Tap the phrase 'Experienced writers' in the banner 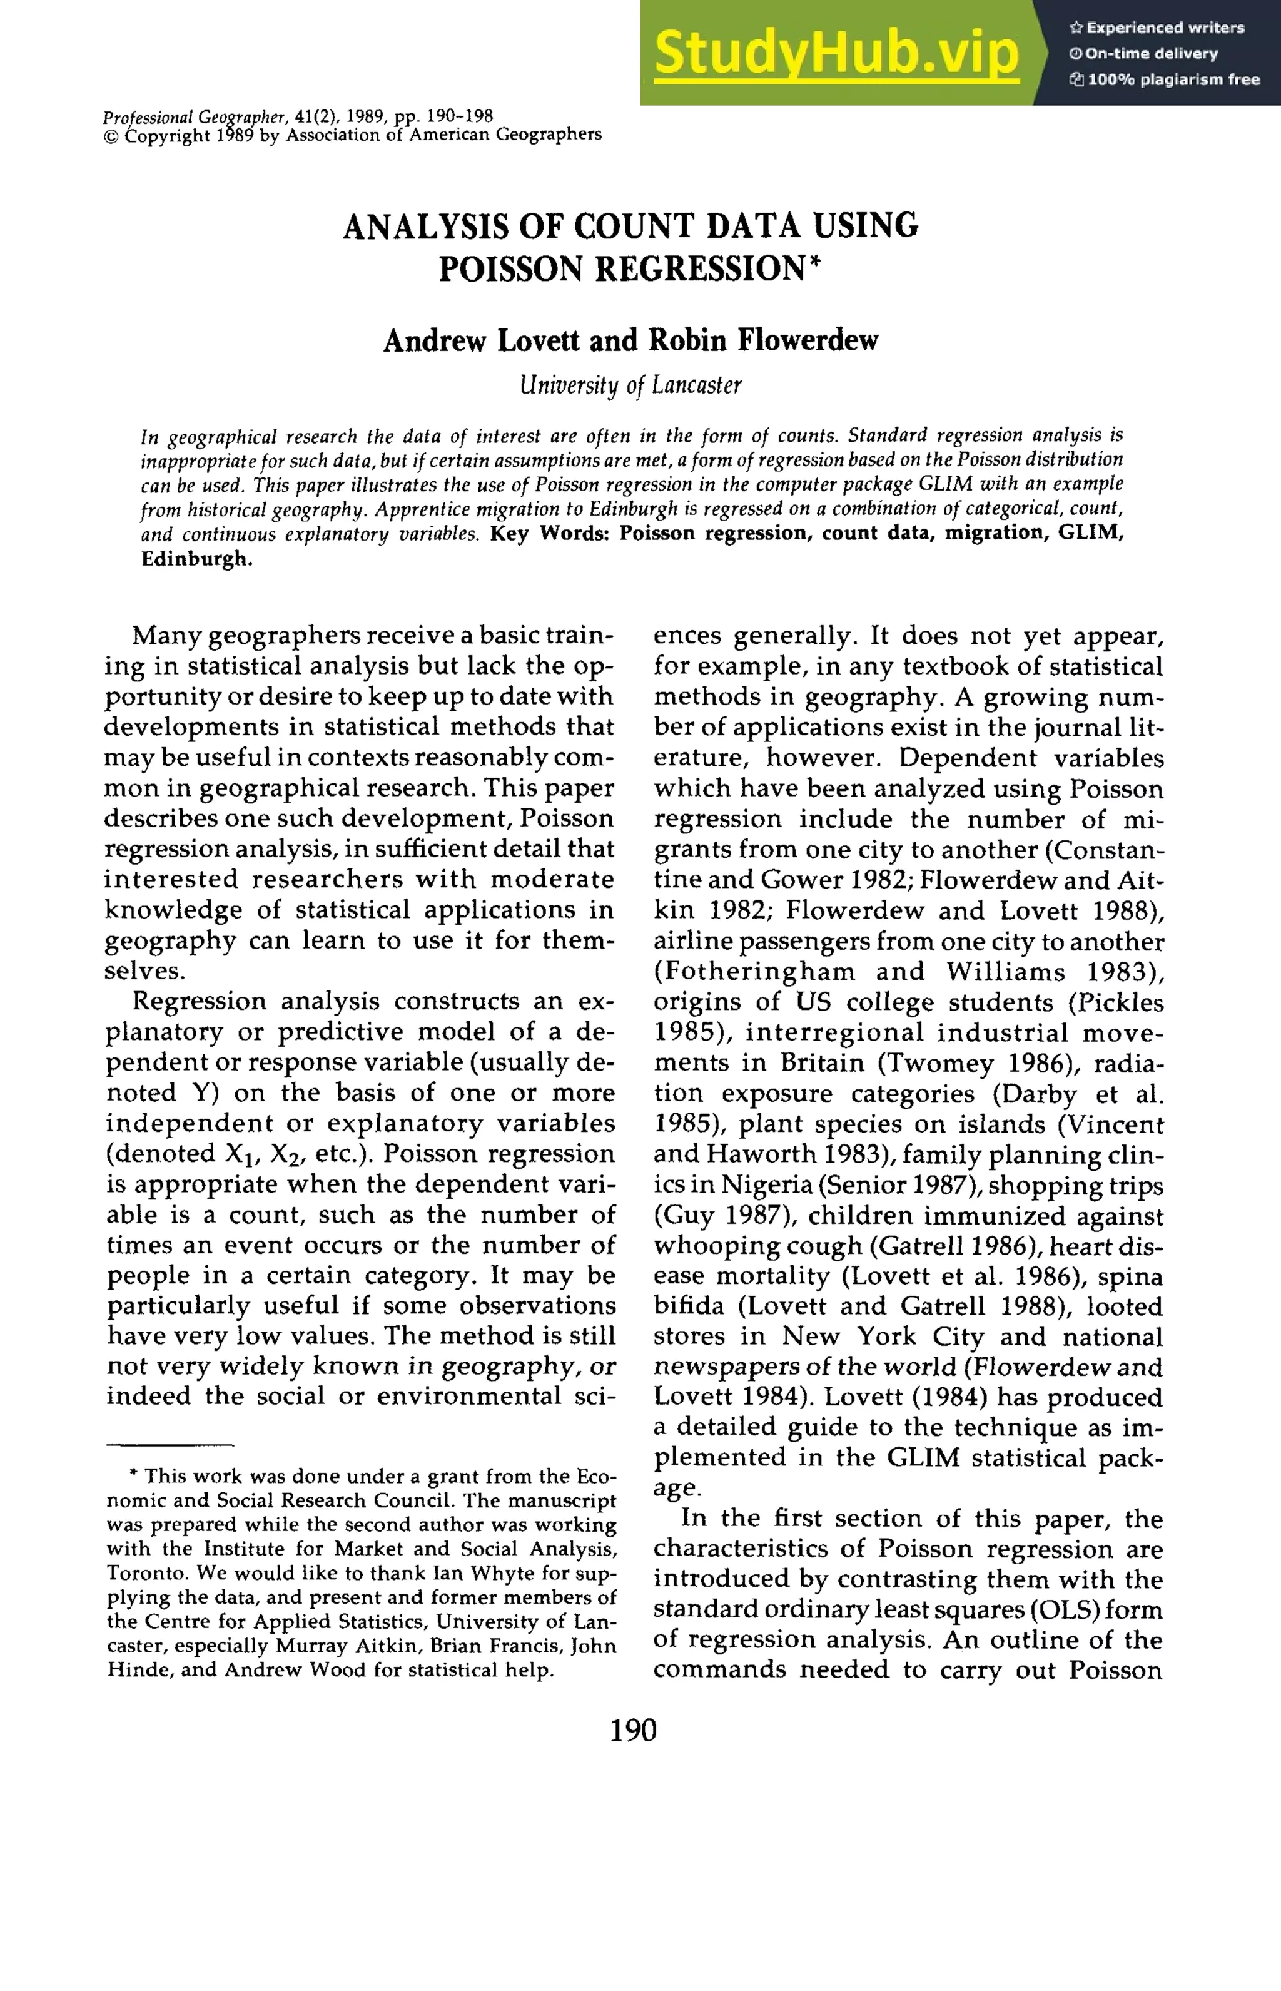(x=1165, y=28)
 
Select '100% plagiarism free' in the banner (x=1173, y=80)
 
